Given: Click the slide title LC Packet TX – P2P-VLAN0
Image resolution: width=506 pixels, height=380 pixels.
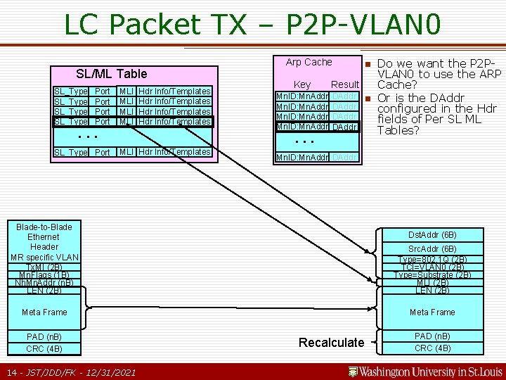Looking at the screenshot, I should coord(252,25).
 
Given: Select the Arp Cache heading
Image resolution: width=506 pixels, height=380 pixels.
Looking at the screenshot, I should coord(309,62).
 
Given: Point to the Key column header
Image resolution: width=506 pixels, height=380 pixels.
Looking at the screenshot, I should coord(302,84).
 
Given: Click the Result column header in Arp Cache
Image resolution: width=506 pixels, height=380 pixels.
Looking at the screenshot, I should coord(345,84).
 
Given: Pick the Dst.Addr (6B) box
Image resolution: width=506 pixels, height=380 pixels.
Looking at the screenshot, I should coord(432,235).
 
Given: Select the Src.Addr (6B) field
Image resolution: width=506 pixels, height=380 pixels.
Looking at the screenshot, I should coord(432,249).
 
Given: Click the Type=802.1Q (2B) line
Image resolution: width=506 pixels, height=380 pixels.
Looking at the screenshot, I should coord(432,258).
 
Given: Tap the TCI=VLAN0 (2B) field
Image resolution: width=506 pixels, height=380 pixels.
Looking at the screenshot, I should coord(432,267).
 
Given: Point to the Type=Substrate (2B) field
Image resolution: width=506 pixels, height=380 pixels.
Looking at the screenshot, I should coord(432,274).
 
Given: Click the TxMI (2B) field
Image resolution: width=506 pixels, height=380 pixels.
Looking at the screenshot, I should coord(44,267).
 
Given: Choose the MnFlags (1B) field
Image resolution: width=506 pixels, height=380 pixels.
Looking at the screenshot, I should coord(44,274).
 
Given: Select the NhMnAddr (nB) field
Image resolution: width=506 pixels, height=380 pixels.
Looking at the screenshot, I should coord(44,282).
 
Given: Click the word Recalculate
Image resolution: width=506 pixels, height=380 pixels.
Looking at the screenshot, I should coord(331,343).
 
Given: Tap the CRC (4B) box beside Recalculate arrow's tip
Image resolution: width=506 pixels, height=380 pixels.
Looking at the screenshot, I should coord(432,348).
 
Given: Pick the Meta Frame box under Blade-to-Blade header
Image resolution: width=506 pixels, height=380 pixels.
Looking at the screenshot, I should coord(44,312).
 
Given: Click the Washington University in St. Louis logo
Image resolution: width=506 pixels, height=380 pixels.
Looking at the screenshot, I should coord(426,371).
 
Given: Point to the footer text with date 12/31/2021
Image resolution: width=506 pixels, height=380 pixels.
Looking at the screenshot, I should coord(70,372).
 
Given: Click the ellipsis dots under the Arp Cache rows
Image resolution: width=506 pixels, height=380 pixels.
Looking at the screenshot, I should coord(305,141).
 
